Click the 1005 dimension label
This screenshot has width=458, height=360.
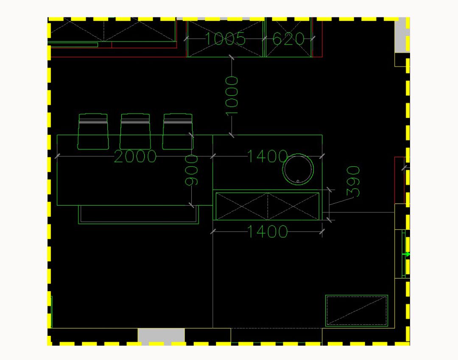225,39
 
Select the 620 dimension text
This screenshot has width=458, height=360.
288,39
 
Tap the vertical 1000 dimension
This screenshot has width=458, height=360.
232,95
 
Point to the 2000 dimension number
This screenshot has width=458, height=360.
135,157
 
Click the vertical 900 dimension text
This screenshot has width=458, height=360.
192,170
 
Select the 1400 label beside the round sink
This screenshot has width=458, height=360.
267,157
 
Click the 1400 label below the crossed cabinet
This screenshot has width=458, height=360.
267,232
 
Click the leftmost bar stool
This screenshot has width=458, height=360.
93,131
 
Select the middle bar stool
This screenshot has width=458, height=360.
135,131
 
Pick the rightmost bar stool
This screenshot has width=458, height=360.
178,131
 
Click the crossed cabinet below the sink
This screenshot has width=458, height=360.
267,206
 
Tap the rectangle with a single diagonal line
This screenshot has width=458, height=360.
357,311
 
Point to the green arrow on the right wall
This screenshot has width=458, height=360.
407,254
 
